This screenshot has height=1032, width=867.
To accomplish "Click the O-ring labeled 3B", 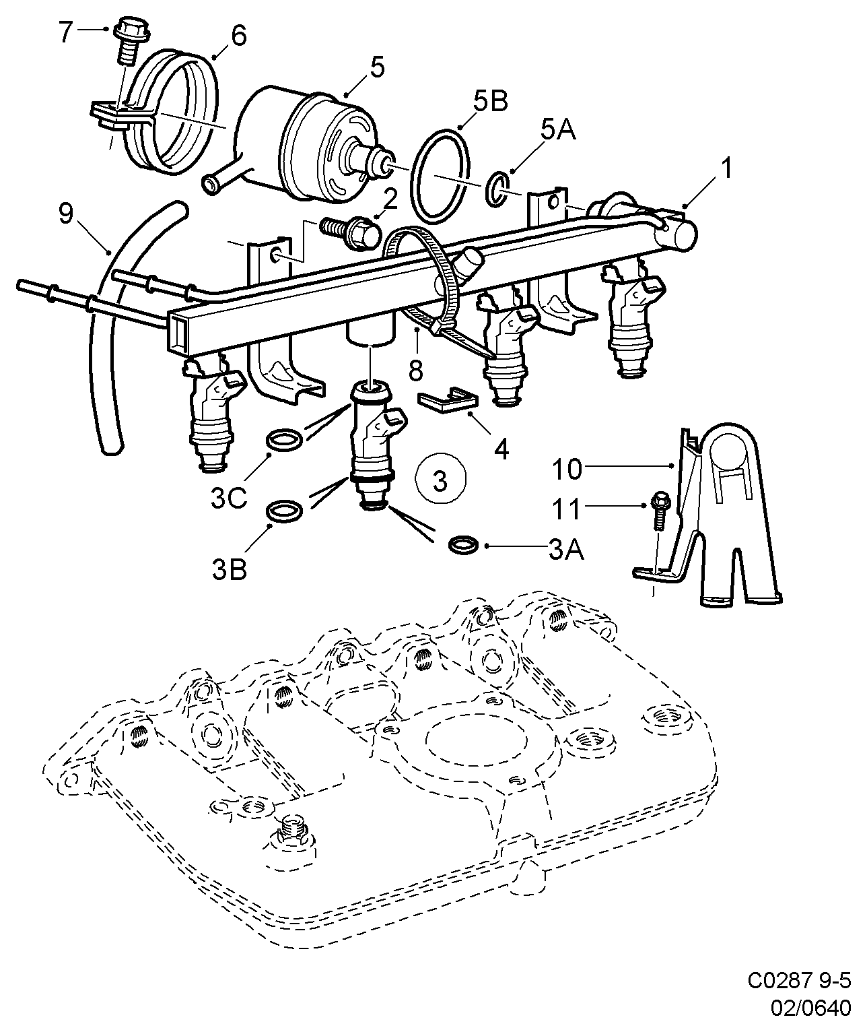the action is pyautogui.click(x=283, y=511).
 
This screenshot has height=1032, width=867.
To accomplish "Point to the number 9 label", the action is pyautogui.click(x=66, y=214).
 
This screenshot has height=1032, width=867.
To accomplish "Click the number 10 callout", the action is pyautogui.click(x=567, y=469).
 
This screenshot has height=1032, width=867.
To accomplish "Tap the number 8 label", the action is pyautogui.click(x=416, y=370).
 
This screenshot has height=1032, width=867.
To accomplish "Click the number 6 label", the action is pyautogui.click(x=238, y=36).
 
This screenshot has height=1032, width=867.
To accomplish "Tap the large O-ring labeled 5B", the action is pyautogui.click(x=439, y=175).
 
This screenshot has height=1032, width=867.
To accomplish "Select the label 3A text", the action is pyautogui.click(x=566, y=549).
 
